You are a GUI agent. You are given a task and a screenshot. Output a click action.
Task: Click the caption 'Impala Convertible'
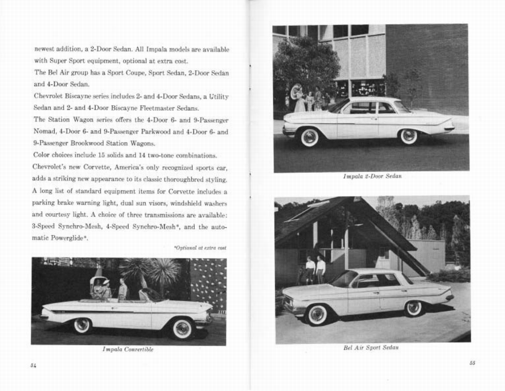pyautogui.click(x=128, y=349)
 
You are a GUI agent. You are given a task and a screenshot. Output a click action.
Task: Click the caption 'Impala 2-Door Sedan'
pyautogui.click(x=372, y=176)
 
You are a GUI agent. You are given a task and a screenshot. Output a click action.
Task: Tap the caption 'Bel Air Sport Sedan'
pyautogui.click(x=370, y=347)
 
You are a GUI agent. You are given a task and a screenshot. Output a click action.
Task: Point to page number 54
pyautogui.click(x=33, y=365)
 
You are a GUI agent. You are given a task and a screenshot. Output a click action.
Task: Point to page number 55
pyautogui.click(x=472, y=363)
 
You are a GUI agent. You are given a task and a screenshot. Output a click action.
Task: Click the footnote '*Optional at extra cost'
pyautogui.click(x=200, y=248)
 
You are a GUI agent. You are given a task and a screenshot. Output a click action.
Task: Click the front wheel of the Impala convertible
pyautogui.click(x=182, y=328)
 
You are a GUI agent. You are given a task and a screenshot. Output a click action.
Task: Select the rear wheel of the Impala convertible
pyautogui.click(x=81, y=325)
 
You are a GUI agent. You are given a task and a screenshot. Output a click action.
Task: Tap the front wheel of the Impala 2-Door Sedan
pyautogui.click(x=309, y=137)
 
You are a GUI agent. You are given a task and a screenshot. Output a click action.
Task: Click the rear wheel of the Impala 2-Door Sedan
pyautogui.click(x=408, y=136)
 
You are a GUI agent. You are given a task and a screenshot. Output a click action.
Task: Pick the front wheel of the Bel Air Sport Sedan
pyautogui.click(x=317, y=315)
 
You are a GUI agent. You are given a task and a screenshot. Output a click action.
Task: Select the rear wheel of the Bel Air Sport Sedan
pyautogui.click(x=413, y=308)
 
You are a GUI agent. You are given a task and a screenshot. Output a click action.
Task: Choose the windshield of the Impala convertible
pyautogui.click(x=149, y=294)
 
